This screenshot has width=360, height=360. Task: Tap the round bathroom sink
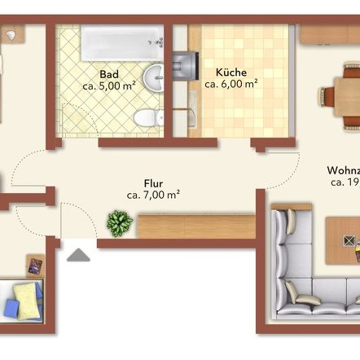155,78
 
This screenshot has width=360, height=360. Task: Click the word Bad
108,73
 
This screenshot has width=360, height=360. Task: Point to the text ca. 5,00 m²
109,84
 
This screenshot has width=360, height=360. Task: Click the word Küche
231,72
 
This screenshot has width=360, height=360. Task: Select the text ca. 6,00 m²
231,84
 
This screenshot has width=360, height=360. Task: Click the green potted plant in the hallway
120,222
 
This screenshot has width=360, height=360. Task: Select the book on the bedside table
36,265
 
